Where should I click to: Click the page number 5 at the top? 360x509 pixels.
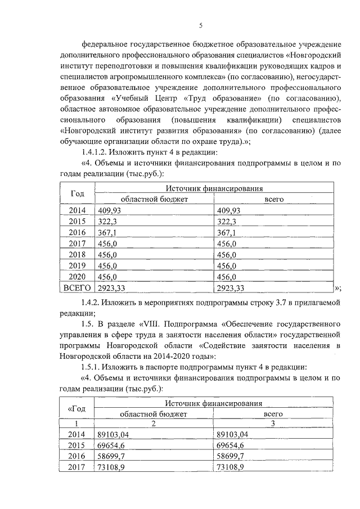200,25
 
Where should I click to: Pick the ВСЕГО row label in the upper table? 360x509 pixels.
78,288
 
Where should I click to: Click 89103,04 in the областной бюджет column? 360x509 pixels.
117,434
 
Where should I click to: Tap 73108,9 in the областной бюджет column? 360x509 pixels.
115,467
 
